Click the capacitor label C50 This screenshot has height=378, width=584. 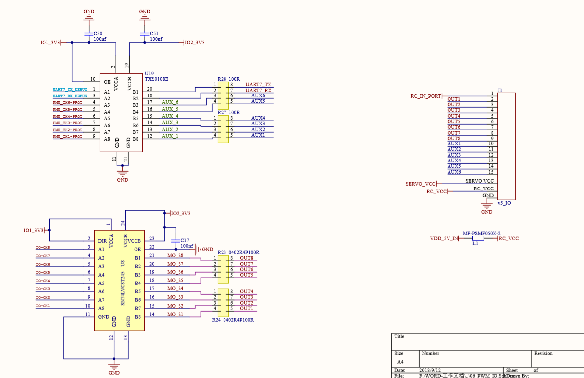(98, 33)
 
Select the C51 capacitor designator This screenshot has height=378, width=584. (154, 33)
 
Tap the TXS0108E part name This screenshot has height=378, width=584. (156, 79)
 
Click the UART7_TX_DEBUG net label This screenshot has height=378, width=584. (70, 89)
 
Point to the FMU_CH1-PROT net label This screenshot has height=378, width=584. (68, 136)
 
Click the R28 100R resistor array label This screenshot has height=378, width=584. (228, 79)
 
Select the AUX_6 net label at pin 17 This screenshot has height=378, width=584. (170, 102)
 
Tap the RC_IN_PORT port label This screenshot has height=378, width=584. (425, 96)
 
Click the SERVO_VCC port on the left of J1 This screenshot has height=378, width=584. (421, 184)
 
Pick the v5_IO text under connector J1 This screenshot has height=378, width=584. (504, 203)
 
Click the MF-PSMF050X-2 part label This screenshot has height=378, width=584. (482, 233)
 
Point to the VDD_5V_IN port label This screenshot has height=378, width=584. (444, 238)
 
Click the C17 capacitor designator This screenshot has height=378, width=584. (185, 240)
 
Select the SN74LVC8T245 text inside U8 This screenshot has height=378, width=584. (123, 282)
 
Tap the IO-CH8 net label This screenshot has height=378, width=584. (43, 247)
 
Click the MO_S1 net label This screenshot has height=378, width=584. (175, 315)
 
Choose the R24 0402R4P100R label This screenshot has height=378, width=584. (232, 320)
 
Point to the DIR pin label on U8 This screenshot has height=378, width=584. (102, 241)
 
